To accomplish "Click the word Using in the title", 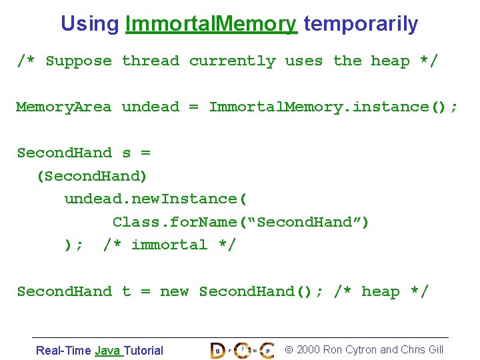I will pyautogui.click(x=89, y=24).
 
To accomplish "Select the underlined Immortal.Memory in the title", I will pyautogui.click(x=211, y=24).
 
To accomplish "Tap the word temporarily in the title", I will pyautogui.click(x=361, y=24).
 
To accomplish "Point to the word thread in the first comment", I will pyautogui.click(x=151, y=61).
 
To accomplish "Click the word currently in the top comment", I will pyautogui.click(x=232, y=61).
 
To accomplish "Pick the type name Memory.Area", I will pyautogui.click(x=64, y=107).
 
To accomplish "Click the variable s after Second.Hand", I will pyautogui.click(x=127, y=153).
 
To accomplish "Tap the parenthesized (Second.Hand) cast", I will pyautogui.click(x=92, y=176).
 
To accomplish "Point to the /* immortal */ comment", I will pyautogui.click(x=169, y=245).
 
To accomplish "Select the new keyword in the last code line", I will pyautogui.click(x=174, y=292).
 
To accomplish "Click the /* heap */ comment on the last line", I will pyautogui.click(x=381, y=292).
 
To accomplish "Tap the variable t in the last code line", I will pyautogui.click(x=127, y=292).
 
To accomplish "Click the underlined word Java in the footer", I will pyautogui.click(x=108, y=350).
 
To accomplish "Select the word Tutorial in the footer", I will pyautogui.click(x=143, y=350).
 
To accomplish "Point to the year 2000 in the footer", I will pyautogui.click(x=308, y=349).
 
